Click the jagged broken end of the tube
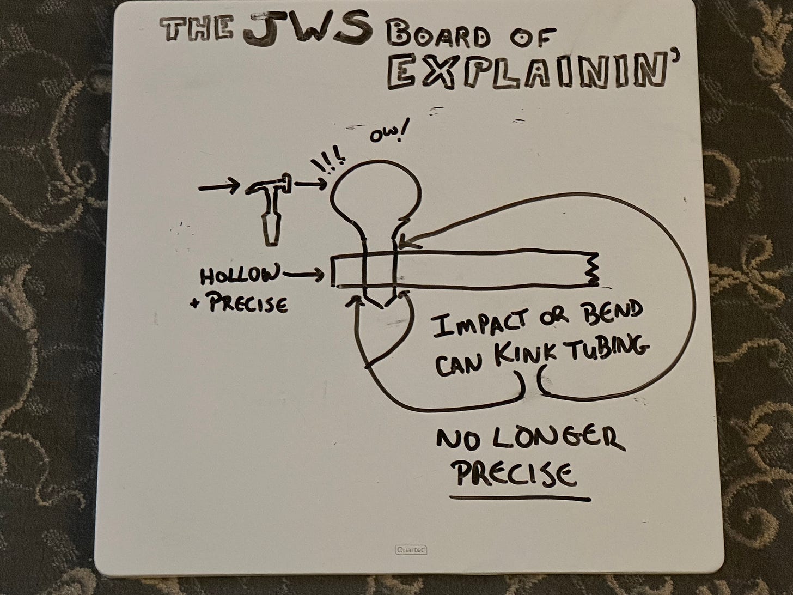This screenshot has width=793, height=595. click(x=594, y=270)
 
